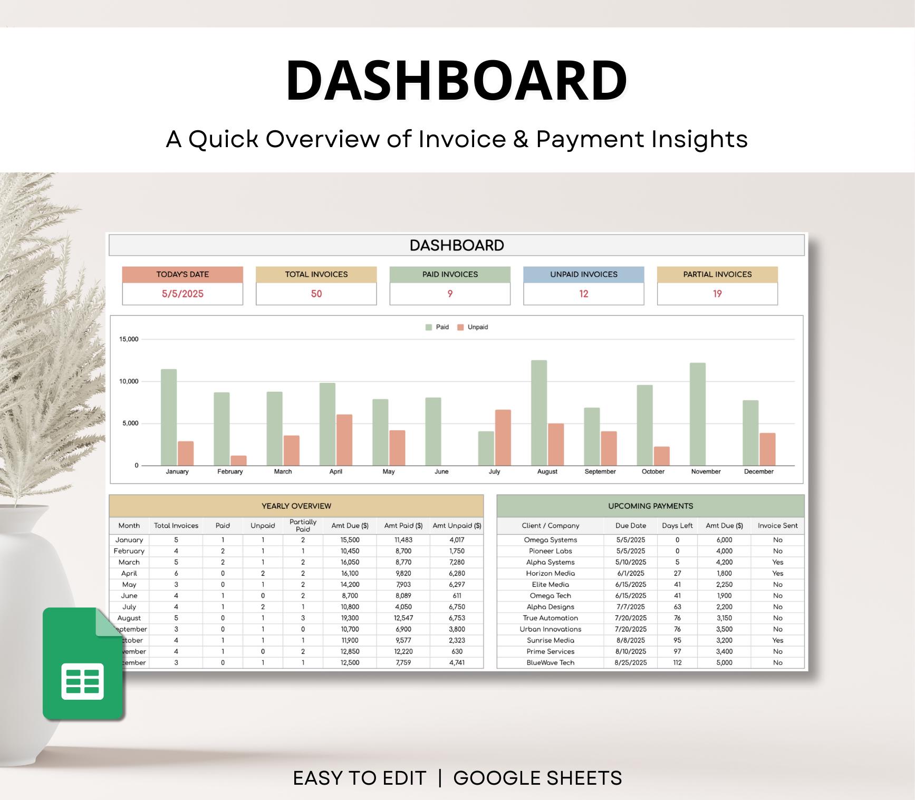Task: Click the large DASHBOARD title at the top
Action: coord(457,80)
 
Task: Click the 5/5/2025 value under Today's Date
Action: coord(182,294)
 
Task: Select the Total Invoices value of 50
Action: coord(316,294)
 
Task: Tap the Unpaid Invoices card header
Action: coord(583,274)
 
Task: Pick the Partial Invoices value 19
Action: coord(717,294)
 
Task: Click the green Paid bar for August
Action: coord(538,412)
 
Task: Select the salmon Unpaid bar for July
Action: coord(503,437)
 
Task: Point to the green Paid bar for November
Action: coord(697,414)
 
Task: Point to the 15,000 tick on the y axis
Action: coord(129,339)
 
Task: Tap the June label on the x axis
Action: coord(441,471)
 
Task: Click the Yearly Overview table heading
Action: coord(296,506)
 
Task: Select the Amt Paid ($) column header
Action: coord(403,525)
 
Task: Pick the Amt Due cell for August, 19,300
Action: coord(350,618)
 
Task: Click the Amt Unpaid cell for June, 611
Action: coord(457,595)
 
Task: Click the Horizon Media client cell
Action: coord(550,573)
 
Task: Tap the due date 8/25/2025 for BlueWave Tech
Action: coord(630,662)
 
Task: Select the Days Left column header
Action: coord(677,525)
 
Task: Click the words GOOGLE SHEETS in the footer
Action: coord(537,778)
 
